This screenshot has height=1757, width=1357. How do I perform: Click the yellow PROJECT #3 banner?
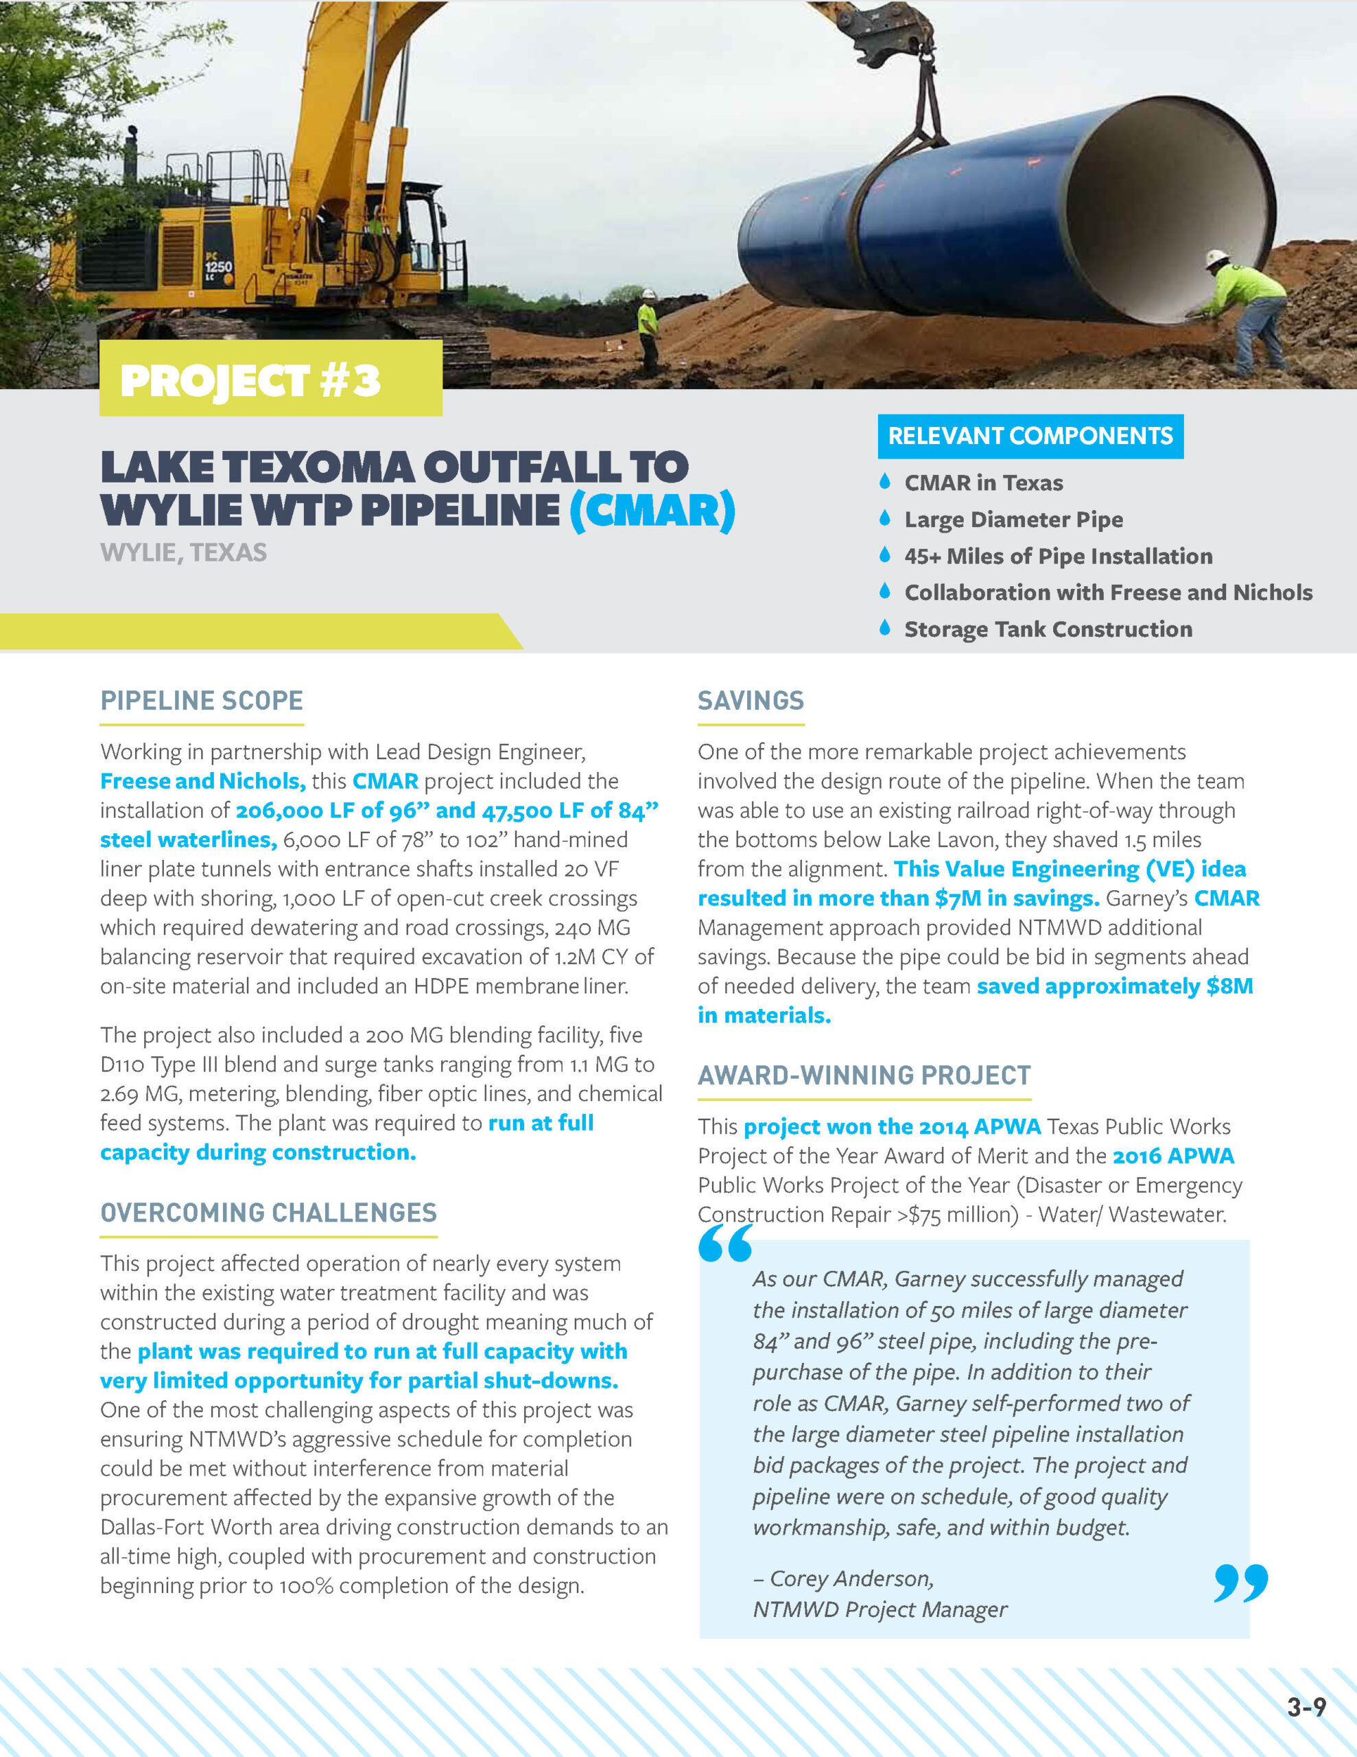pyautogui.click(x=270, y=378)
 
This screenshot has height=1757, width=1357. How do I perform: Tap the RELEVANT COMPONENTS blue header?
pyautogui.click(x=1030, y=436)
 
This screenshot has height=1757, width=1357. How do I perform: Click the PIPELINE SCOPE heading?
pyautogui.click(x=201, y=701)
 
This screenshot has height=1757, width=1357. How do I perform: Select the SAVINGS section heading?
pyautogui.click(x=751, y=701)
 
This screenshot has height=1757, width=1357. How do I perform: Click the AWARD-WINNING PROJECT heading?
pyautogui.click(x=864, y=1075)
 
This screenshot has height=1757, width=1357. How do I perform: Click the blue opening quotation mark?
pyautogui.click(x=724, y=1244)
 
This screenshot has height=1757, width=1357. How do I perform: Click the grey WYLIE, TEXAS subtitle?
pyautogui.click(x=183, y=552)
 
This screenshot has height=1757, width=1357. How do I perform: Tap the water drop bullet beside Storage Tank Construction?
pyautogui.click(x=885, y=627)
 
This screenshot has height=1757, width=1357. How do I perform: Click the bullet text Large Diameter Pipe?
pyautogui.click(x=1013, y=520)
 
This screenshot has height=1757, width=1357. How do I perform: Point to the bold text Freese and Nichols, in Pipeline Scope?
pyautogui.click(x=202, y=781)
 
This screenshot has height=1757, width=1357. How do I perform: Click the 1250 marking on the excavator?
pyautogui.click(x=218, y=266)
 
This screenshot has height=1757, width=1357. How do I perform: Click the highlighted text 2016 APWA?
pyautogui.click(x=1172, y=1156)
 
